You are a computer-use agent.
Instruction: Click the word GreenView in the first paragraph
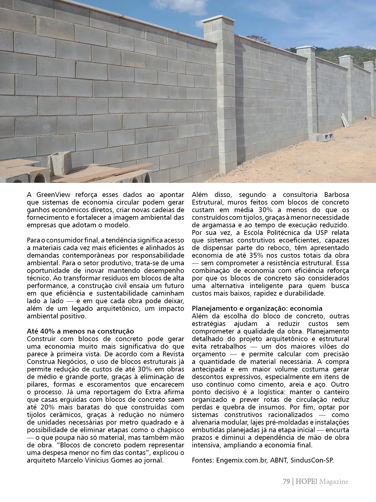coord(53,195)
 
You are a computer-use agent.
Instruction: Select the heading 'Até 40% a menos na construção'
coord(80,331)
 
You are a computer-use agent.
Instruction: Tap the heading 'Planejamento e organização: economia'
coord(257,308)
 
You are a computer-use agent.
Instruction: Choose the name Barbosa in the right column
coord(337,195)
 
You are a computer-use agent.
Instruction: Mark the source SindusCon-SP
coord(312,460)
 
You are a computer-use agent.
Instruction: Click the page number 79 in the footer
coord(286,482)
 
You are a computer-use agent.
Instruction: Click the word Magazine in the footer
coord(334,482)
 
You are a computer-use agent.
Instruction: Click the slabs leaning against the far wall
coord(345,120)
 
